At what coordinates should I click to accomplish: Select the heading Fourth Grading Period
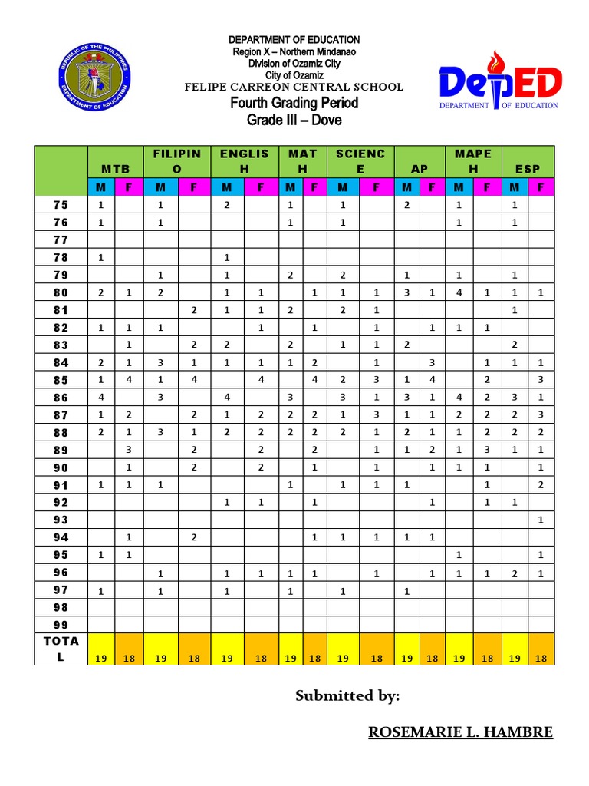294,103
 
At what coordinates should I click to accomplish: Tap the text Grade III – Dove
294,121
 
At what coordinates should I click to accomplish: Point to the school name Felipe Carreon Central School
294,87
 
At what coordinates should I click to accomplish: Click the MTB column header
115,169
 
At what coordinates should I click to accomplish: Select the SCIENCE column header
360,161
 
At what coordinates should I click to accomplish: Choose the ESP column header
528,169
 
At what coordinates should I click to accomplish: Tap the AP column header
420,169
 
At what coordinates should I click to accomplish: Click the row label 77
61,239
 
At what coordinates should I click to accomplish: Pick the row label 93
61,520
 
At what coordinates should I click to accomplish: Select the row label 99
61,625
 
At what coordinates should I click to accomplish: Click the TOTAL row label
61,649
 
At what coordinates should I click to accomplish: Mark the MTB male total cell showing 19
101,658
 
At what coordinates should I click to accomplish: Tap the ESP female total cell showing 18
541,658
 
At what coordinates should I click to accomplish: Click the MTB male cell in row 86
101,397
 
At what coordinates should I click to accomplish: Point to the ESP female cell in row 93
541,520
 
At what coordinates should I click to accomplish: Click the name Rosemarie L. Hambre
460,732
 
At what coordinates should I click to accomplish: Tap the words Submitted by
347,695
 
